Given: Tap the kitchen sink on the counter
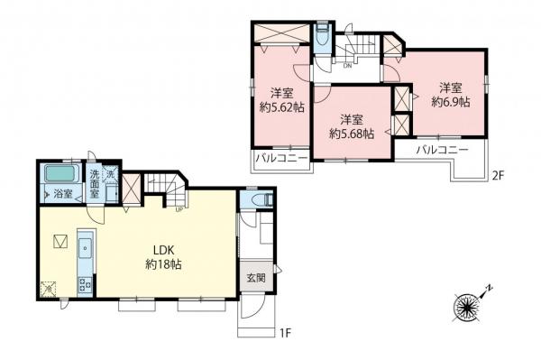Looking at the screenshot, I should tap(86, 247).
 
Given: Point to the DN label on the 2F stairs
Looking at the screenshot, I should tap(347, 65).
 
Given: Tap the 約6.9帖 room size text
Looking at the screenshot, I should tap(451, 102).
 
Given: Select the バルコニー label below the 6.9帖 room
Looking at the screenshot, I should tap(443, 150).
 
